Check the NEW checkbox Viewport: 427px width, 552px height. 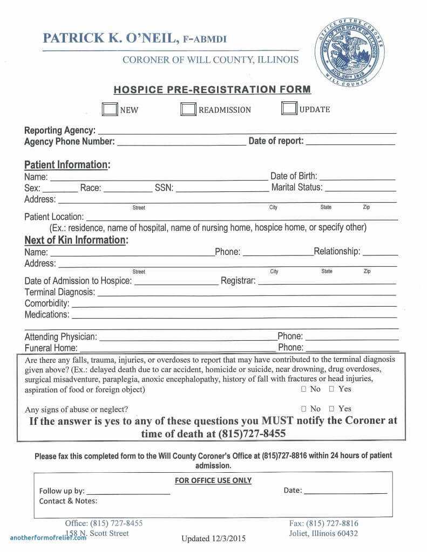110,109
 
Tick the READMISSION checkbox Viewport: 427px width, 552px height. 188,109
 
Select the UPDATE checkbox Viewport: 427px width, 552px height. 289,108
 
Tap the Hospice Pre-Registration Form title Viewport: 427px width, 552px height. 212,89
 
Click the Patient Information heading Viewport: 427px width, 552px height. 67,165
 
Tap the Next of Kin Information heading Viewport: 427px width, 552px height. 76,240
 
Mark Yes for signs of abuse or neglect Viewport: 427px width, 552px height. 331,409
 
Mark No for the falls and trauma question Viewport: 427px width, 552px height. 303,389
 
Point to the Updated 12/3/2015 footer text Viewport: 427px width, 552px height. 214,538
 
